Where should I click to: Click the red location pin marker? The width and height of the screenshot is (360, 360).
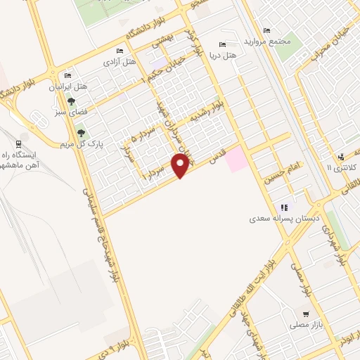click(181, 165)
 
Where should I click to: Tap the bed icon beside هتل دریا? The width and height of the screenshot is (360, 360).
click(223, 46)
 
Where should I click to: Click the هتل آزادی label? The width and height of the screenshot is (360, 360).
click(120, 63)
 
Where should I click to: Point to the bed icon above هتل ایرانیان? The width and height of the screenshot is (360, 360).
click(68, 75)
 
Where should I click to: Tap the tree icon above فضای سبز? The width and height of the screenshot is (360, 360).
click(70, 101)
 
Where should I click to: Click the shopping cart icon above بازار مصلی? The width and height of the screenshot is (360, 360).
click(305, 314)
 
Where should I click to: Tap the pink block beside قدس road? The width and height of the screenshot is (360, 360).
click(236, 157)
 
